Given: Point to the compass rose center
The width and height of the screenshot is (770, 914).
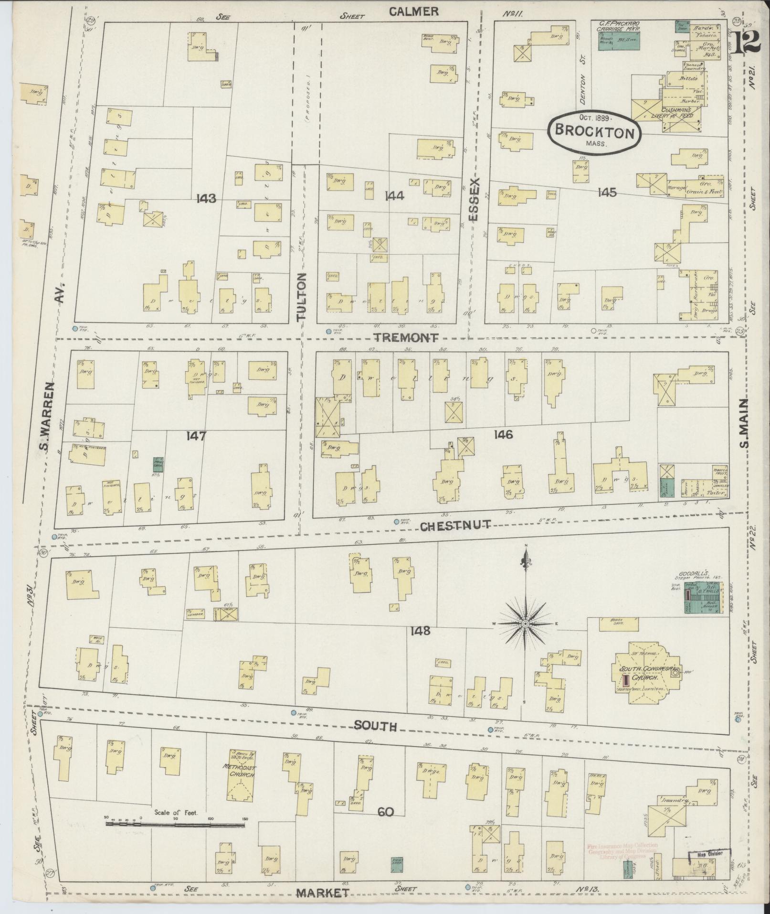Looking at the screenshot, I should pyautogui.click(x=525, y=624).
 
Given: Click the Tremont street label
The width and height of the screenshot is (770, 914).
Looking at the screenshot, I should pyautogui.click(x=405, y=337).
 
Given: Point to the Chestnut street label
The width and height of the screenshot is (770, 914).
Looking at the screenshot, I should pyautogui.click(x=455, y=526).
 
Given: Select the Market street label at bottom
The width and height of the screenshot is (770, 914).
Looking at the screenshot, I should pyautogui.click(x=322, y=893).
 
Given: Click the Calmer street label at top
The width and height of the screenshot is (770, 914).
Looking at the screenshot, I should pyautogui.click(x=413, y=11).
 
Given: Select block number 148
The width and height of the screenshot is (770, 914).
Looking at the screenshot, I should pyautogui.click(x=420, y=631).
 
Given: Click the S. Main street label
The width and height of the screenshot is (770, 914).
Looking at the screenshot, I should pyautogui.click(x=744, y=424).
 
